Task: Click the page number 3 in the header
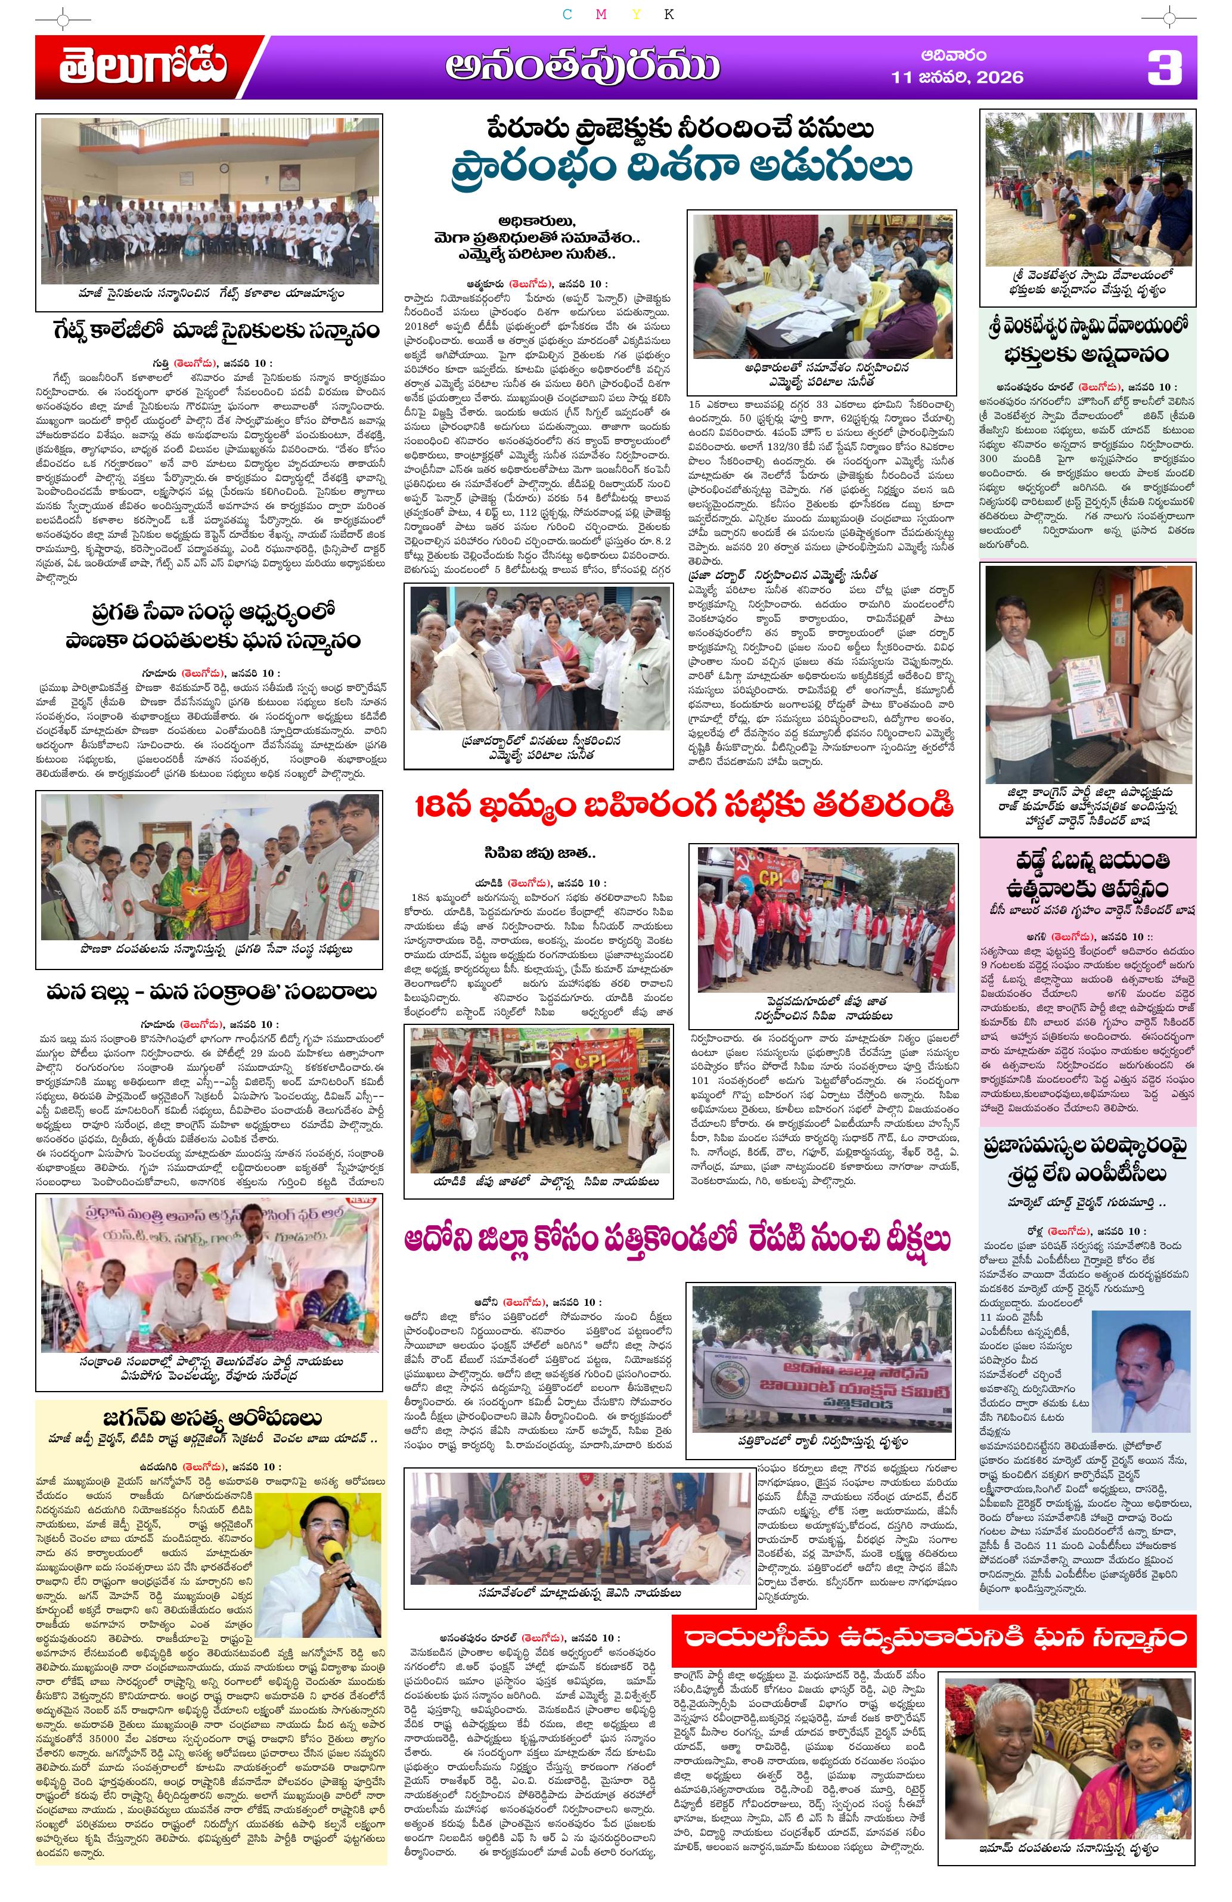(x=1164, y=68)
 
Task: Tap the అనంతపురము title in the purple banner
(x=582, y=68)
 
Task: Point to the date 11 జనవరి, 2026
(x=957, y=78)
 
